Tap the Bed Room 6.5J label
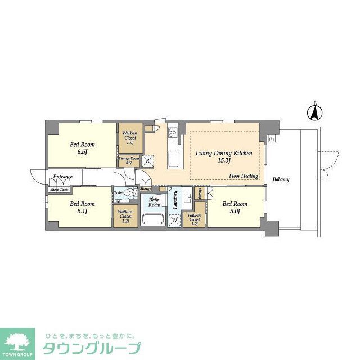click(79, 148)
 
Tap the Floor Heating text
click(244, 176)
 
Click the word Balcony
click(281, 179)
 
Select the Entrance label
click(62, 177)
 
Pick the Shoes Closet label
click(59, 190)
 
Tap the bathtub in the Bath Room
click(152, 219)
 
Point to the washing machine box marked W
click(175, 220)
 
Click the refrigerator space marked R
click(147, 160)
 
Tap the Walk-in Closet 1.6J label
click(129, 138)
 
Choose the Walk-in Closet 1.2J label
click(124, 216)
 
